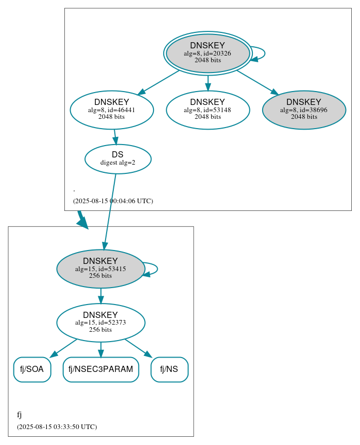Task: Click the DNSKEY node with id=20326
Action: [208, 53]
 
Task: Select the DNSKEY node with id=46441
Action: [112, 110]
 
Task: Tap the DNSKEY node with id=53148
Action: [208, 110]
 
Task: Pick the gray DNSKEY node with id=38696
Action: [304, 110]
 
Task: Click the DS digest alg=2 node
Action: [118, 159]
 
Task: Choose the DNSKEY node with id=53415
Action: [100, 269]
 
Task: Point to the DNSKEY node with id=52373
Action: [100, 323]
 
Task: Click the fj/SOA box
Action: [32, 369]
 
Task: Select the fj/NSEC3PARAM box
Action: [101, 369]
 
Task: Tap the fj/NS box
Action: [169, 369]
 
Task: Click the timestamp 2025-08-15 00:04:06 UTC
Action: [113, 201]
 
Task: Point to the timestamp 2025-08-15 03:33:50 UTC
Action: [57, 427]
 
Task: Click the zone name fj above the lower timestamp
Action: [20, 415]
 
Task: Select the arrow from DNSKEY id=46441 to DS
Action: [115, 137]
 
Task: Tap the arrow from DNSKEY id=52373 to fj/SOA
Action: [64, 348]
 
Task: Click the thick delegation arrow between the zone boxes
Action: [82, 220]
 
